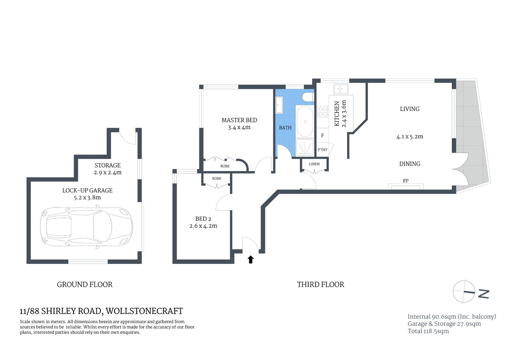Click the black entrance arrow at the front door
250,259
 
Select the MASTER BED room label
239,120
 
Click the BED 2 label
203,219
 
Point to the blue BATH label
285,128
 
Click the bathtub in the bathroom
305,121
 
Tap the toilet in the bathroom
308,97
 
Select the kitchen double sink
341,89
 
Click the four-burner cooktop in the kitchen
322,111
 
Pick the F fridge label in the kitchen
322,135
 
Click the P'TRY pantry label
322,150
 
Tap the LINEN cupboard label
314,164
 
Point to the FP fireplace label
406,181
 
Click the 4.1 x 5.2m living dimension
410,137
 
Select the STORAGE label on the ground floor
108,165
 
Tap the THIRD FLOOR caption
320,285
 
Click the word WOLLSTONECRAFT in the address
144,311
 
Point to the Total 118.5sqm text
428,331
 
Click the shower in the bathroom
305,147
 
